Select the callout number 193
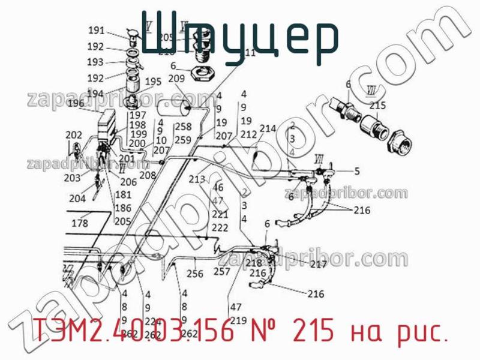pyautogui.click(x=95, y=62)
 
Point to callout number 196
pyautogui.click(x=76, y=103)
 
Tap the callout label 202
pyautogui.click(x=74, y=134)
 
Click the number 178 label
pyautogui.click(x=80, y=223)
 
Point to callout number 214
pyautogui.click(x=268, y=128)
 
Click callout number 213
pyautogui.click(x=196, y=179)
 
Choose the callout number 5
pyautogui.click(x=357, y=171)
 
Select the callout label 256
pyautogui.click(x=195, y=274)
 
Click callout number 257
pyautogui.click(x=222, y=271)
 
